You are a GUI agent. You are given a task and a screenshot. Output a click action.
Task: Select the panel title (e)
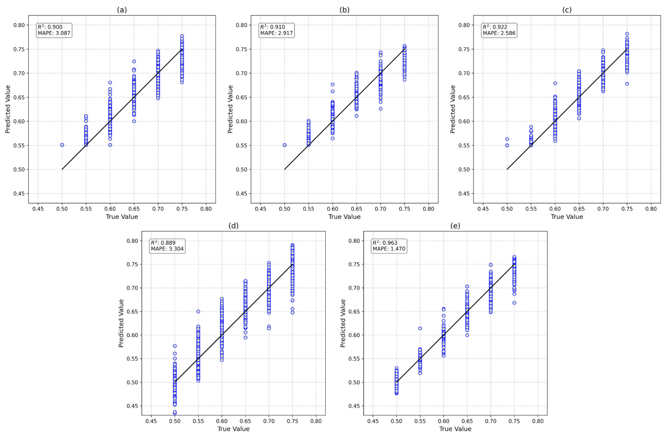455,226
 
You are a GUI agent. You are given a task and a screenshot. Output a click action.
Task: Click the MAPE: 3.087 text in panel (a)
54,33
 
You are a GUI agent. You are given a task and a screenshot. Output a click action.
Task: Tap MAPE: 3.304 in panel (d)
167,249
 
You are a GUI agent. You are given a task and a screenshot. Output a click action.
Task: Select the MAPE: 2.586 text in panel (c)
499,33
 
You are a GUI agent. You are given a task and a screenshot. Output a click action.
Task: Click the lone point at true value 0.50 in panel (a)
62,145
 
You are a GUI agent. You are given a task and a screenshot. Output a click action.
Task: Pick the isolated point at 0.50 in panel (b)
285,145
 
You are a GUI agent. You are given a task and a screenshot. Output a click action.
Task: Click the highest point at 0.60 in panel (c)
555,83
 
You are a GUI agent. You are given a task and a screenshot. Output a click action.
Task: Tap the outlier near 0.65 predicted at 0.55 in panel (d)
198,311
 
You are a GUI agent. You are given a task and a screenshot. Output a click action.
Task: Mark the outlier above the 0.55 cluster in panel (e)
420,328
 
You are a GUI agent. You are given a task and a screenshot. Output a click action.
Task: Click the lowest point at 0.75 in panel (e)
514,303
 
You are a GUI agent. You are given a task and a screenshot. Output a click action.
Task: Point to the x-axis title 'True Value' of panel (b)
344,217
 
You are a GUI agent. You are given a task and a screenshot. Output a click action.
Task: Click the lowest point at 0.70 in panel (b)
381,109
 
